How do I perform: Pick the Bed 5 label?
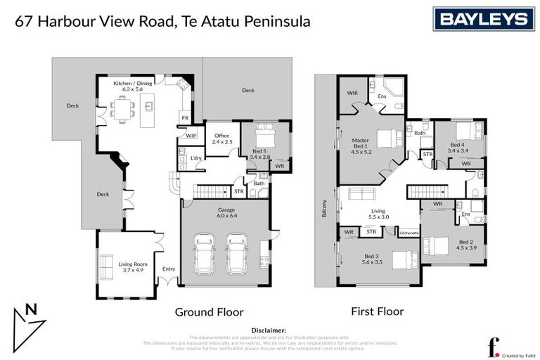point(259,150)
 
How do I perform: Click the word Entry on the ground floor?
point(169,269)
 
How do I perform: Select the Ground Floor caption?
point(209,311)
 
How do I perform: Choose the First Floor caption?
point(377,310)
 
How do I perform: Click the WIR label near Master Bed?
point(352,93)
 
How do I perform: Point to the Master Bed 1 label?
point(360,145)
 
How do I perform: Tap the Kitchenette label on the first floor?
point(409,231)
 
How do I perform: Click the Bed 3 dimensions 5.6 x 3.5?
point(373,262)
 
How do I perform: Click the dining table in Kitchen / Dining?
point(124,109)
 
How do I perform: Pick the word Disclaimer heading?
point(269,329)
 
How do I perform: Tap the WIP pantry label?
point(191,134)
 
